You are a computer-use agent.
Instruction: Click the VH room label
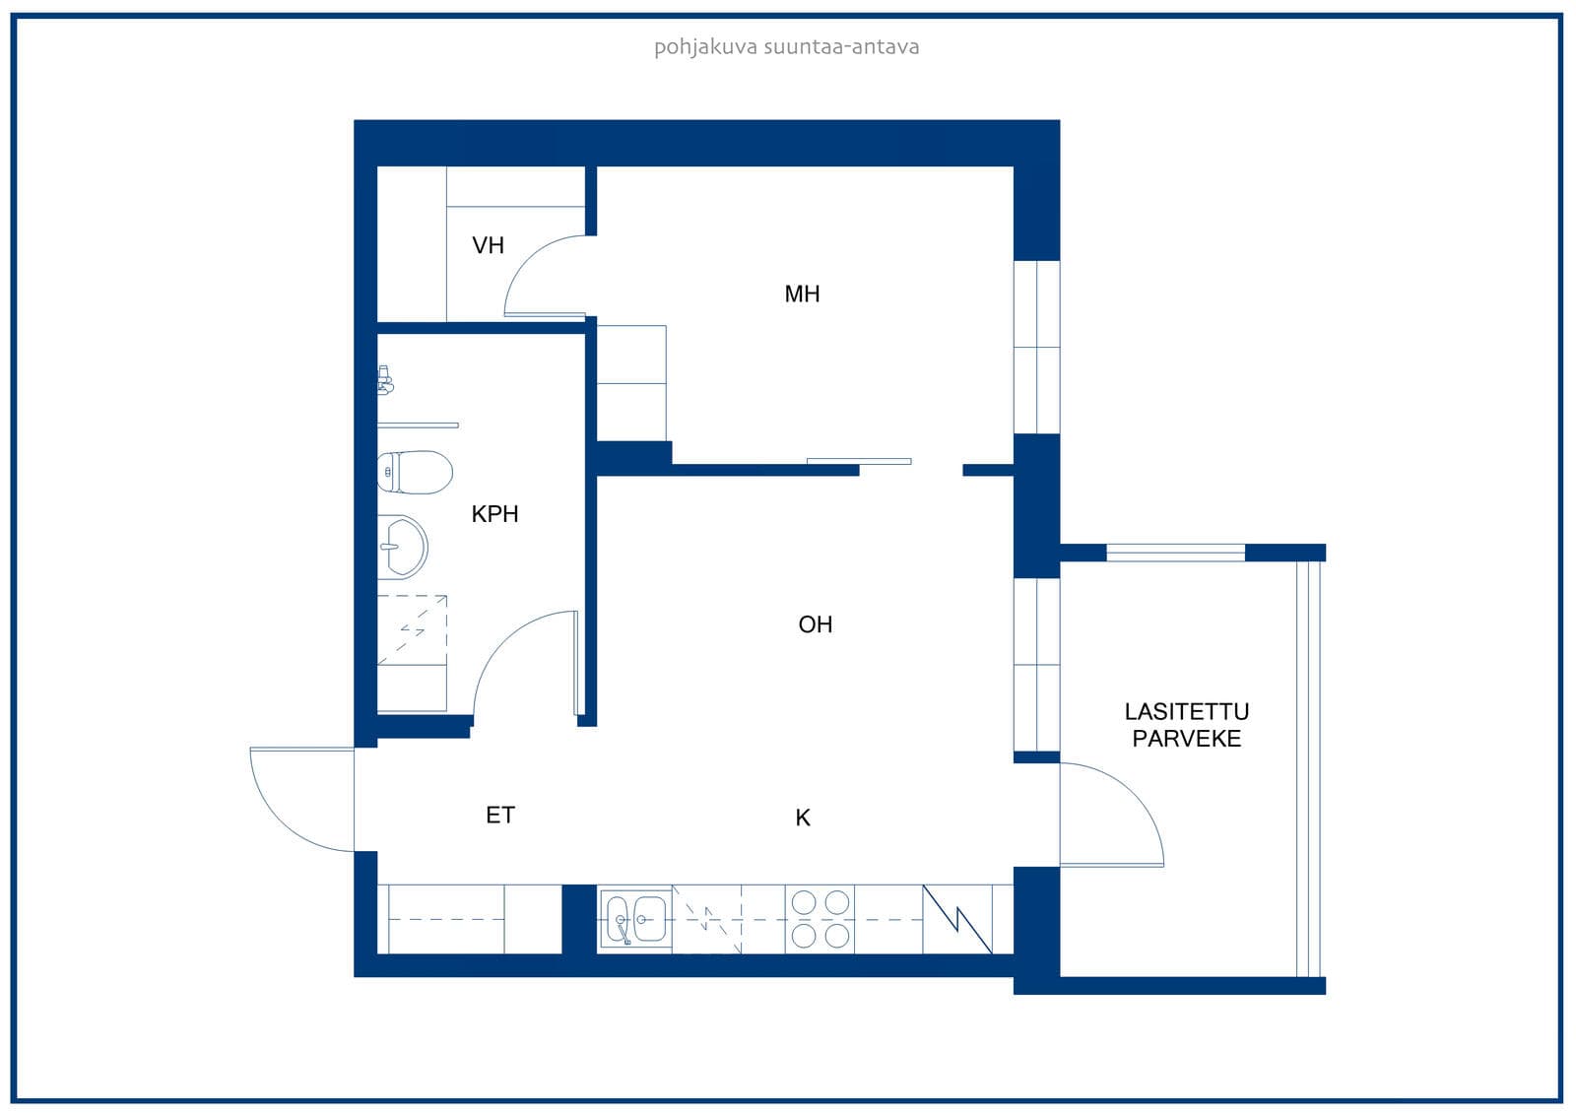(489, 245)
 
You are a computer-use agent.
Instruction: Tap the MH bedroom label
(802, 295)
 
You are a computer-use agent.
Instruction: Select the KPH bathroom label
(494, 514)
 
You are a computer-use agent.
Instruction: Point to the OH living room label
(816, 624)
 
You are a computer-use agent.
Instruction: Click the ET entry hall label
(500, 816)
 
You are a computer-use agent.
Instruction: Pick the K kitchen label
(803, 818)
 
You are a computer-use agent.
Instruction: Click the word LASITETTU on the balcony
(1187, 712)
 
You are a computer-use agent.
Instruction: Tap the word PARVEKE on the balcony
(1187, 739)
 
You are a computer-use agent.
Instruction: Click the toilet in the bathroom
(415, 472)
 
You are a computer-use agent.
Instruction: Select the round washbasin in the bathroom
(403, 547)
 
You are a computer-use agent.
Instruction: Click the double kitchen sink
(636, 918)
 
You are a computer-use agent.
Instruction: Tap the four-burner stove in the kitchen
(820, 919)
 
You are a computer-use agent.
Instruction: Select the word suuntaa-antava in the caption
(841, 47)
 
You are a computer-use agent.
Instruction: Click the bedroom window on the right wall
(1036, 347)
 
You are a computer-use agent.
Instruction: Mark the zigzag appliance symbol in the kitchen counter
(957, 919)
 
